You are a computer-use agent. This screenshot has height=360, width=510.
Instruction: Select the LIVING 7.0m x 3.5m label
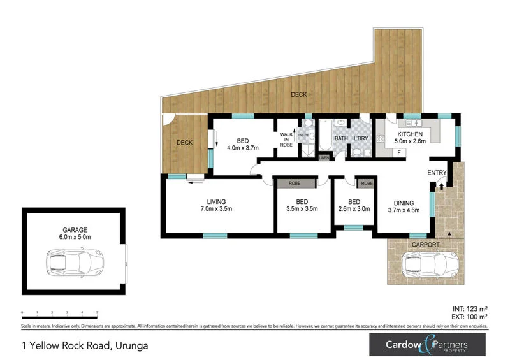point(215,205)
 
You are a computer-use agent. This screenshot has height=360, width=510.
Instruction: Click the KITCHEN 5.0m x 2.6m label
point(412,138)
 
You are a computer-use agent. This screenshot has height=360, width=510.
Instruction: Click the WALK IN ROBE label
point(286,140)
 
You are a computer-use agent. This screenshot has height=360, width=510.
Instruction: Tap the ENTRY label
point(437,173)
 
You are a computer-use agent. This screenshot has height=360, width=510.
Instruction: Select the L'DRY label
point(361,138)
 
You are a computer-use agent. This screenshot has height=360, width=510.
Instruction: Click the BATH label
point(341,138)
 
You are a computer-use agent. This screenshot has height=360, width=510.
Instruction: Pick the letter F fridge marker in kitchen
point(398,153)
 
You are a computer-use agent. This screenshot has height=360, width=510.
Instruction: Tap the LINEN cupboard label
point(324,157)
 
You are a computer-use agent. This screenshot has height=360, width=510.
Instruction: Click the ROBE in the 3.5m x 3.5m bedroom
point(295,184)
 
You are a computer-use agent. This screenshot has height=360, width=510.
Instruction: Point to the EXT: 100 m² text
point(471,316)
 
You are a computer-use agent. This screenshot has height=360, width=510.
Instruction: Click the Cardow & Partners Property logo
point(426,345)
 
